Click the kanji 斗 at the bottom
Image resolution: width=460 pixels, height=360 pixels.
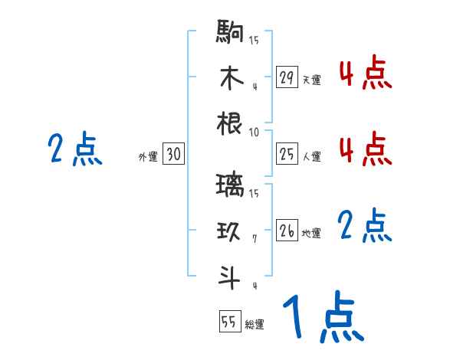click(x=230, y=278)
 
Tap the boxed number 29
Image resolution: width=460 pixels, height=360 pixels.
click(x=287, y=77)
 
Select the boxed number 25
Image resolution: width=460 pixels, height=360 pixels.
click(x=287, y=155)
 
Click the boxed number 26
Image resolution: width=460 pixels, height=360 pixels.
click(x=287, y=231)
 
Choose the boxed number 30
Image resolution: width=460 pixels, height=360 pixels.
click(x=173, y=155)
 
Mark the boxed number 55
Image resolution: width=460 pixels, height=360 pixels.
click(x=229, y=322)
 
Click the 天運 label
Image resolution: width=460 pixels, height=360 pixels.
click(x=311, y=80)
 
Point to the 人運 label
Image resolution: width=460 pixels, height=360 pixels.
click(x=311, y=157)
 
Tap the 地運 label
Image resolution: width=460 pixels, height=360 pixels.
click(x=311, y=234)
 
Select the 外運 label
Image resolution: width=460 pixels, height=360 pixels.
click(x=148, y=157)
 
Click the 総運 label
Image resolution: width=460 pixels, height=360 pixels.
click(x=255, y=324)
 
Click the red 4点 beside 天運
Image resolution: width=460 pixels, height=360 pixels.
click(x=365, y=75)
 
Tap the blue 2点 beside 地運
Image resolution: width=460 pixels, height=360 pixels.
click(x=365, y=227)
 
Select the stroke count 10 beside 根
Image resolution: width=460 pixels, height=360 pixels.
click(x=254, y=133)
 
